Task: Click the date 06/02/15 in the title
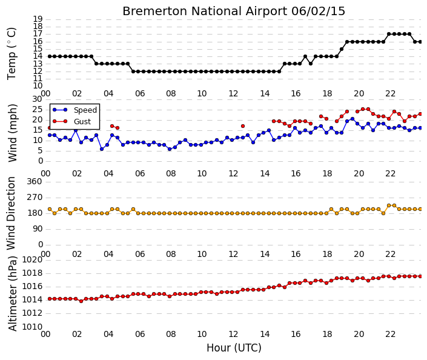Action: tap(318, 12)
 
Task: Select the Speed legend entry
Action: tap(75, 110)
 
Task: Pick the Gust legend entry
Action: tap(71, 122)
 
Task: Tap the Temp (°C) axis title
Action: tap(12, 54)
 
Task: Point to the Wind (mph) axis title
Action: tap(12, 133)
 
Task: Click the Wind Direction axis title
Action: tap(11, 213)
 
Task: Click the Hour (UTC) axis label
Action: tap(234, 348)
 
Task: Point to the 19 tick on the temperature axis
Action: tap(38, 19)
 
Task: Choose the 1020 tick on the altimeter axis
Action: tap(33, 259)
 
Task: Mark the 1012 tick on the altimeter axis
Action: tap(33, 313)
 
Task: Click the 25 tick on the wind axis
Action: tap(38, 110)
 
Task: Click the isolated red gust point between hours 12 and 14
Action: tap(243, 126)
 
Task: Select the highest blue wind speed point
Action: tap(353, 119)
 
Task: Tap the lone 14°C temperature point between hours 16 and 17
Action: tap(305, 56)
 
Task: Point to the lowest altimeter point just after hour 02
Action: tap(81, 301)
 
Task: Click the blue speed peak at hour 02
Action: tap(76, 130)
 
